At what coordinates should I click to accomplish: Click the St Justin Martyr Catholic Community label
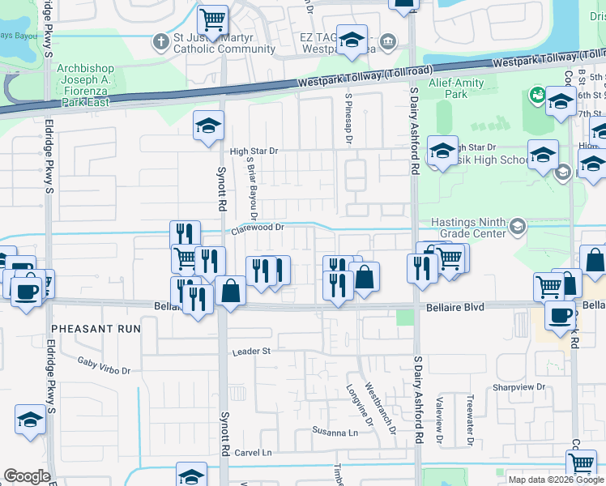click(x=213, y=43)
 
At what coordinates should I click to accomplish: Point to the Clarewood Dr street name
click(x=257, y=229)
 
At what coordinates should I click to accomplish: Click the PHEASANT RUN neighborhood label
click(x=96, y=330)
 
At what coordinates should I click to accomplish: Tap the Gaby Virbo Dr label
click(x=103, y=365)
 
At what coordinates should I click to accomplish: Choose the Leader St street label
click(x=250, y=352)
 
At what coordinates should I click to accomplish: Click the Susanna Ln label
click(x=335, y=433)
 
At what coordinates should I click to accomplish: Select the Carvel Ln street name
click(x=253, y=452)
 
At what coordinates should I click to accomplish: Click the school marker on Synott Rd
click(x=207, y=127)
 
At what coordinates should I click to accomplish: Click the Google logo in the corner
click(x=27, y=476)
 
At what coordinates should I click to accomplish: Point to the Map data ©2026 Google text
click(x=555, y=480)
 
